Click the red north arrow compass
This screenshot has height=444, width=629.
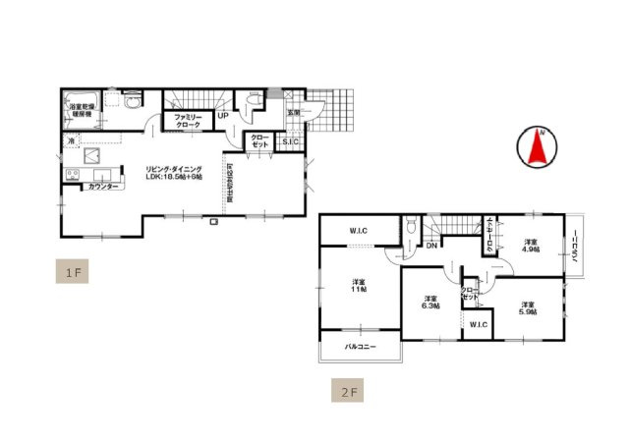536,146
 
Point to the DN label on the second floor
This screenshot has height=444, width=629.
430,245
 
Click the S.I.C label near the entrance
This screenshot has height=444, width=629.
290,142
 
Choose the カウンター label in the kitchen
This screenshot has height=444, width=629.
103,187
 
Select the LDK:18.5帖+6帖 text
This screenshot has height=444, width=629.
173,177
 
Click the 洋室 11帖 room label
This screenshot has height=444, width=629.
360,286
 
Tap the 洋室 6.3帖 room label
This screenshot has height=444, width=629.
430,303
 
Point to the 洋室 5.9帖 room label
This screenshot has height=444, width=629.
528,308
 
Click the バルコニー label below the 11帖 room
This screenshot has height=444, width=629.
360,347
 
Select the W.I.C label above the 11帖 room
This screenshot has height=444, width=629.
358,232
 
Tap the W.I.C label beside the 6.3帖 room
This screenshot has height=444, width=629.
478,325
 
